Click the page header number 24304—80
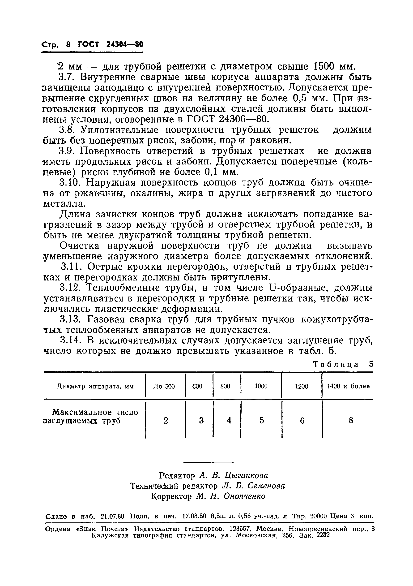click(124, 45)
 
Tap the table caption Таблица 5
click(343, 364)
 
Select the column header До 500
click(164, 386)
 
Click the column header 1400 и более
click(348, 386)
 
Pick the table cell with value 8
click(351, 420)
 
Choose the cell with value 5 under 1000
click(261, 420)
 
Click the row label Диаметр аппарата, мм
click(95, 386)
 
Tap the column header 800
click(225, 386)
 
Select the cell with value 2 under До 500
click(166, 420)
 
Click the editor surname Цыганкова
click(246, 475)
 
